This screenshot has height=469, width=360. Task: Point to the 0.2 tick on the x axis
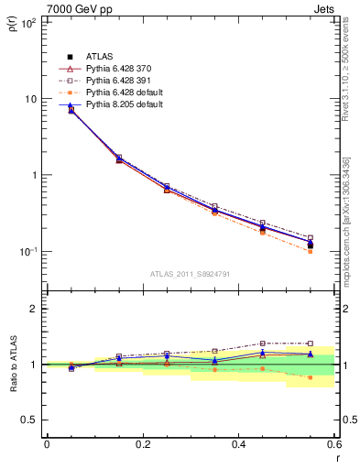[142, 444]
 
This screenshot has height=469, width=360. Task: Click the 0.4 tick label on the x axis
[238, 444]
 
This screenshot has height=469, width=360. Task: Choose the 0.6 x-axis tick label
[333, 444]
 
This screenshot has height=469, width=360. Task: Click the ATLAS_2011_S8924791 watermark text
[191, 274]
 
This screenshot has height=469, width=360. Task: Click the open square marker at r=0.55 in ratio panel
[311, 344]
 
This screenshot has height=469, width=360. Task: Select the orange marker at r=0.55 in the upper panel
[311, 251]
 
